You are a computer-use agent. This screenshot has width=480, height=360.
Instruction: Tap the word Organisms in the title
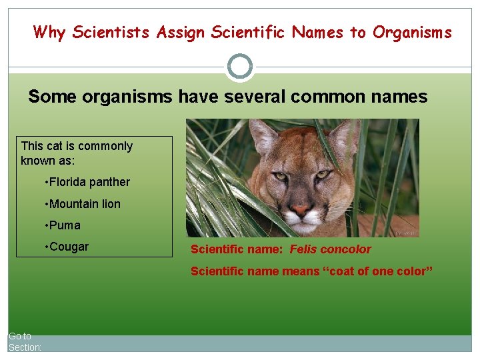412,32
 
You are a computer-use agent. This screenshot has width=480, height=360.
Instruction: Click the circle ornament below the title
240,67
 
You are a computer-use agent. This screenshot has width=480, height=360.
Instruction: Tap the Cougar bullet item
69,247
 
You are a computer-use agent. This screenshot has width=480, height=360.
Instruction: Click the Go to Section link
25,342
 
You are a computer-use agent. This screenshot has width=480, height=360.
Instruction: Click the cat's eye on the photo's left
281,177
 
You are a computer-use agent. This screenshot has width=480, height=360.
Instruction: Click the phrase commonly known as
77,153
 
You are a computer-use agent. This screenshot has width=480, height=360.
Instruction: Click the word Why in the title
49,32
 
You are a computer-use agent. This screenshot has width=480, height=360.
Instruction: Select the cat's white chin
301,227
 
